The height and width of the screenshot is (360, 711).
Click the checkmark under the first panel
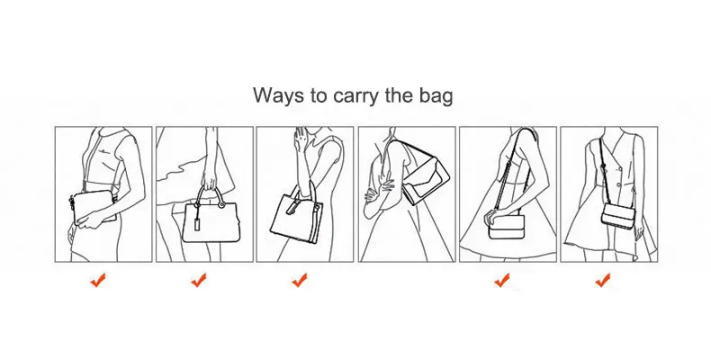pos(98,280)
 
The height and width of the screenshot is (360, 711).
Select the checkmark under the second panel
pos(199,280)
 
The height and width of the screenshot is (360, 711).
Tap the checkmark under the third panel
pos(300,280)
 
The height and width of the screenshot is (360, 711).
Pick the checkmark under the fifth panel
pos(501,280)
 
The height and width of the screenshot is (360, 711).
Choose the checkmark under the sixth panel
pos(602,280)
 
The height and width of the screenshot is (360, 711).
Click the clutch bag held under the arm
pos(94,207)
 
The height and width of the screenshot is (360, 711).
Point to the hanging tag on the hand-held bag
pos(198,224)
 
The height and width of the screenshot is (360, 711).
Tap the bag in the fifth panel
pos(507,227)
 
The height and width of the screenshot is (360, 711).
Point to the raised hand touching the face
pos(300,138)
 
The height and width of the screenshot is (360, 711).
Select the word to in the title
pos(319,97)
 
